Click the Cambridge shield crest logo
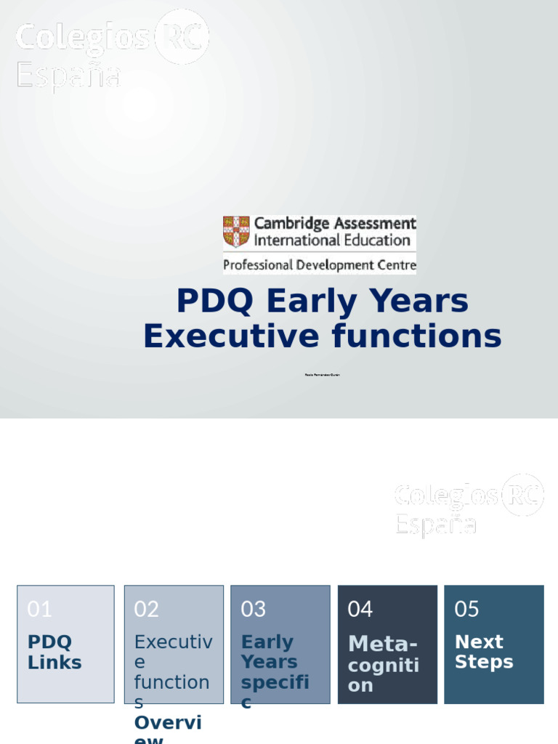click(236, 231)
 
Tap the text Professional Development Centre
click(320, 265)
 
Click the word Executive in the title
click(230, 336)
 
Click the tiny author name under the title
click(322, 374)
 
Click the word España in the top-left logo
click(69, 75)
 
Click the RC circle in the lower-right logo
click(522, 495)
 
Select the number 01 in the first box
click(39, 609)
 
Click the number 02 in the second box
click(146, 609)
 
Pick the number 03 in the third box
click(253, 609)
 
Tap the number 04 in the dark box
click(360, 609)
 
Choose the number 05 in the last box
click(466, 609)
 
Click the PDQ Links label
click(54, 652)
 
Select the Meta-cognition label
click(384, 664)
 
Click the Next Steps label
click(484, 652)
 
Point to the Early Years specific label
click(275, 671)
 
